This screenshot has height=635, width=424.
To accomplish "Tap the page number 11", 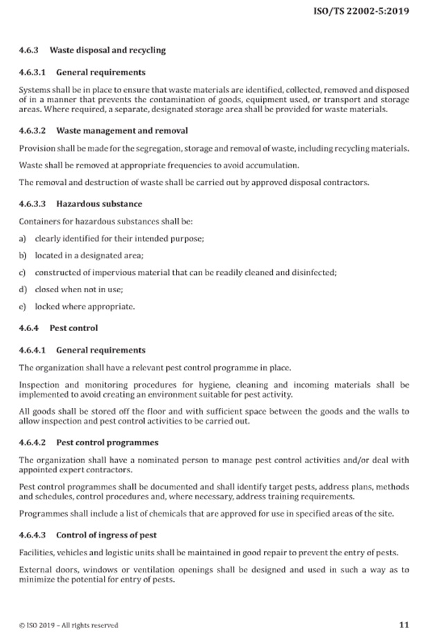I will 404,624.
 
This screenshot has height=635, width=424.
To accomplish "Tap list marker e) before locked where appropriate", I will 23,306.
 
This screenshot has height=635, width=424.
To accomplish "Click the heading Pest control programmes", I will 107,442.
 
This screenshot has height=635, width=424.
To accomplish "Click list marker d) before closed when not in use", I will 23,289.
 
